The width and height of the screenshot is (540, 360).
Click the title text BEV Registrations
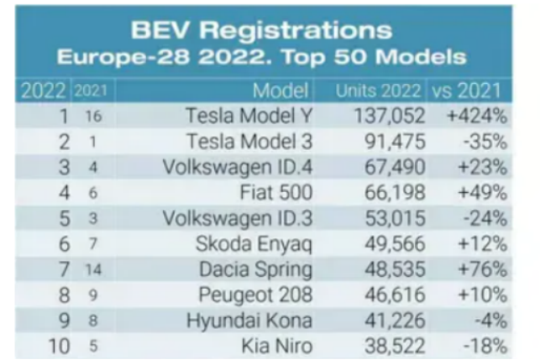261,30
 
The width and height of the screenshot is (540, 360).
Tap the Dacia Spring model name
256,270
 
